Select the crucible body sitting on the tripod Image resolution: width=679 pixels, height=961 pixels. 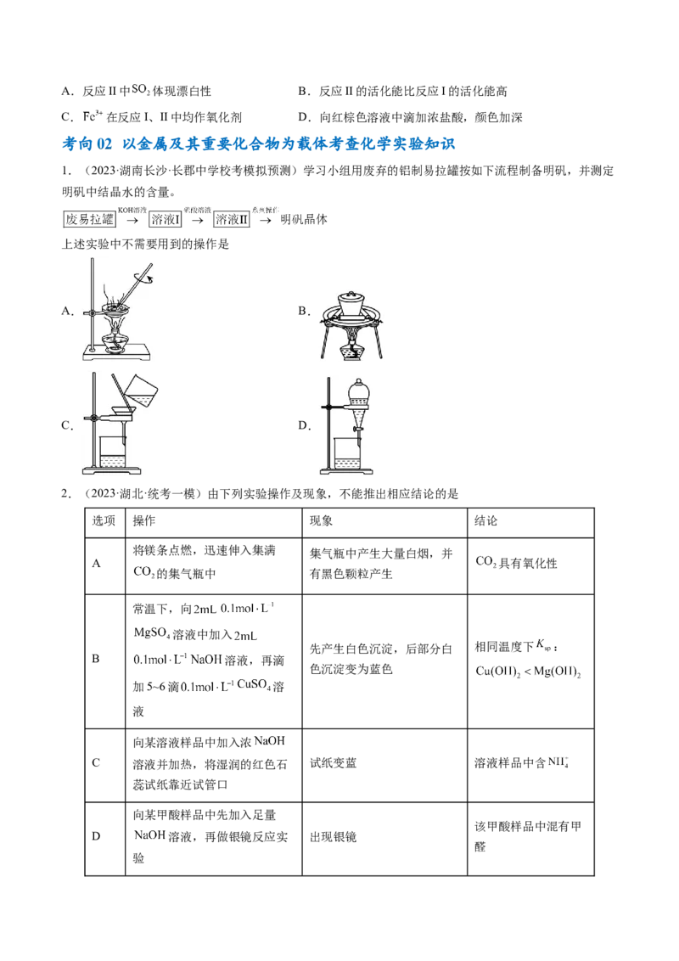[x=350, y=310]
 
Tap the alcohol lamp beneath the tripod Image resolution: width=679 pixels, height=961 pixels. [x=349, y=350]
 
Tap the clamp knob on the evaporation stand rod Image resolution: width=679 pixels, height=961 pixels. [x=87, y=315]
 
